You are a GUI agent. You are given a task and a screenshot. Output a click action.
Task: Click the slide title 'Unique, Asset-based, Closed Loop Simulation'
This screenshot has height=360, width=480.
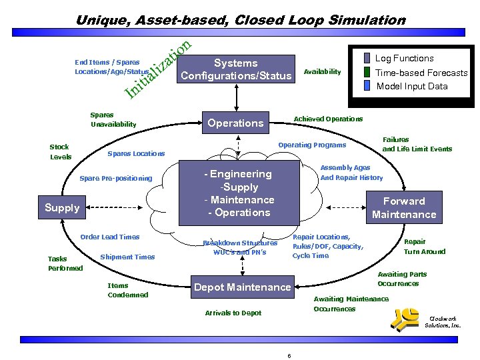240,20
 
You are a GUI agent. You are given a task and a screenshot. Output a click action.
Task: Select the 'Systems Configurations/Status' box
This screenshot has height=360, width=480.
235,69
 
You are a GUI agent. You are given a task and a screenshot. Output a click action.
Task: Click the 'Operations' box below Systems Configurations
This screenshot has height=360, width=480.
235,123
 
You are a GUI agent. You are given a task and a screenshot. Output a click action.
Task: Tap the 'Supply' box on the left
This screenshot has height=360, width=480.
62,207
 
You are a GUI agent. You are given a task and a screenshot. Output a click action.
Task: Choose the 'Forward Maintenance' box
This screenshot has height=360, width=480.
403,207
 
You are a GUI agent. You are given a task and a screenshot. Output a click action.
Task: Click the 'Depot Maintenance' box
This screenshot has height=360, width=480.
242,287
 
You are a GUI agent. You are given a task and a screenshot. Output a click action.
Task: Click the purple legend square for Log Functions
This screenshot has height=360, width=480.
367,59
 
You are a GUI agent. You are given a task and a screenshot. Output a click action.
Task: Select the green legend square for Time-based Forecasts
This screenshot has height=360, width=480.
367,72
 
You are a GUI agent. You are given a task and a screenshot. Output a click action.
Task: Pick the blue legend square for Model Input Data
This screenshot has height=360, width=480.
367,85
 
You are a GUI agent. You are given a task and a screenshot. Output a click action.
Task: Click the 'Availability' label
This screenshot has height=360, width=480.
322,72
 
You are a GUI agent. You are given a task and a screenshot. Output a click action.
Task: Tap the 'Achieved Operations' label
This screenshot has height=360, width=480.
328,119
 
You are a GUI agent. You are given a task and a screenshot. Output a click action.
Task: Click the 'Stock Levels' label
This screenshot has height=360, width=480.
59,152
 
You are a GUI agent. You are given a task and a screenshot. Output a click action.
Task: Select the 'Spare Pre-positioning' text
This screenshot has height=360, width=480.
115,178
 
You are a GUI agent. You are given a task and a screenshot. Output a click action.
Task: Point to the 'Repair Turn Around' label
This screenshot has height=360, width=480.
424,247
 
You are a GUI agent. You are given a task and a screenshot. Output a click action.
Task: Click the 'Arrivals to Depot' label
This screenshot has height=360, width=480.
233,313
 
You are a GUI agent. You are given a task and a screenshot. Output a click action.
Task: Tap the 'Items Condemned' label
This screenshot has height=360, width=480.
127,290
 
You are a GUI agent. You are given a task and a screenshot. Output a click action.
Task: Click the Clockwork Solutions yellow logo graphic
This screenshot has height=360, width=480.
407,321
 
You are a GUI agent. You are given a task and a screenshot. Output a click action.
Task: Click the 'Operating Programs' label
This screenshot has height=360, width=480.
312,145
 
